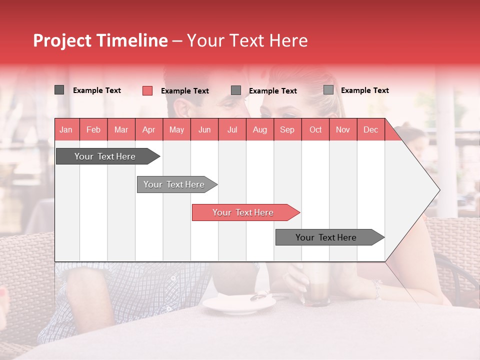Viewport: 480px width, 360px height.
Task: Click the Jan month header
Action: coord(66,129)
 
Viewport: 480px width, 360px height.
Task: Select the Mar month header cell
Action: coord(121,129)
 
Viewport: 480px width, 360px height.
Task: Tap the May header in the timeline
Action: coord(176,129)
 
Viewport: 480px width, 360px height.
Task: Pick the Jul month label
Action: coord(232,129)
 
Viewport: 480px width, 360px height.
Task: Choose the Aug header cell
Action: coord(259,129)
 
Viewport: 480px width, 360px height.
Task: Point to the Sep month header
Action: coord(287,129)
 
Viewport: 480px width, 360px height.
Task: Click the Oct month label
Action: coord(315,129)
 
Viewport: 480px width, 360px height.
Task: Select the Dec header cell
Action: coord(370,129)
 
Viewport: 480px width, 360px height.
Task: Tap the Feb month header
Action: coord(93,129)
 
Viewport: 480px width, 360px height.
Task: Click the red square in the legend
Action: coord(147,90)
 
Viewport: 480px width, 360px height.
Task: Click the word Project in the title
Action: coord(63,40)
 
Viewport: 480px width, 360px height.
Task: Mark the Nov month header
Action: coord(343,129)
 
